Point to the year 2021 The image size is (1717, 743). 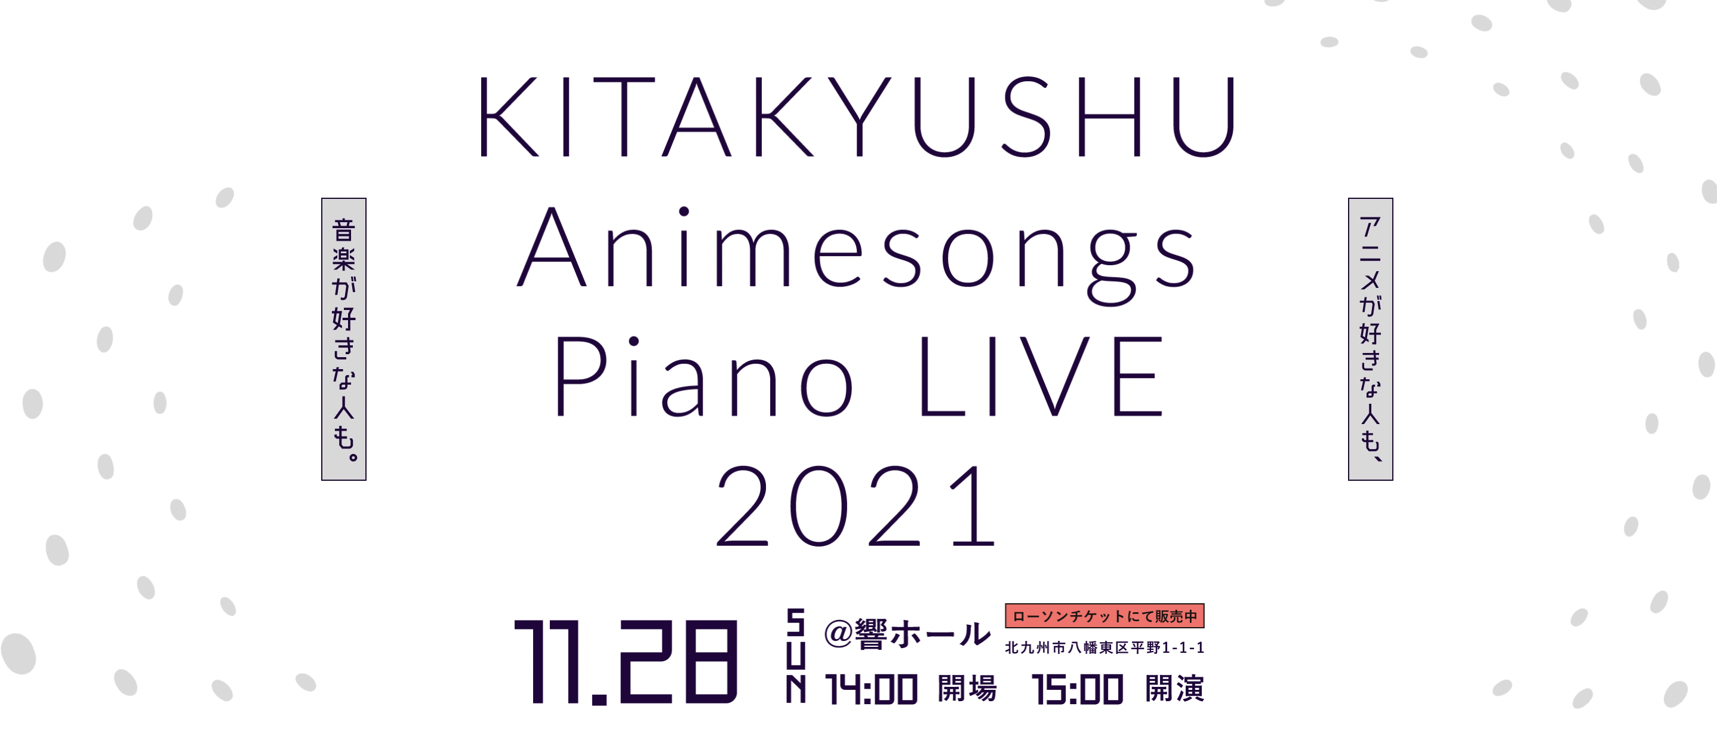tap(856, 505)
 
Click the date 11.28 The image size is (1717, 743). tap(626, 662)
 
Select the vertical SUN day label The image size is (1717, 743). tap(795, 655)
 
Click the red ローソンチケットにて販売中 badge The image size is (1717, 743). tap(1104, 616)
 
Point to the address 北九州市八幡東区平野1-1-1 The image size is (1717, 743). tap(1104, 647)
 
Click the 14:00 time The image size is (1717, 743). tap(871, 689)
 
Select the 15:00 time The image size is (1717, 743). tap(1077, 689)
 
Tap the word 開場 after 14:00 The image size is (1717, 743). tap(967, 688)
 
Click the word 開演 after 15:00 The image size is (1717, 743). tap(1174, 688)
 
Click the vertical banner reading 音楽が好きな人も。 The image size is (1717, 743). tap(344, 339)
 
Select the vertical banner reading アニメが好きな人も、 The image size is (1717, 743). tap(1370, 339)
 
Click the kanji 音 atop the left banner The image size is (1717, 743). tap(344, 230)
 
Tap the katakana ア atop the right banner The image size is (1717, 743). tap(1370, 228)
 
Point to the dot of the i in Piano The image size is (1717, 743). tap(634, 342)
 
